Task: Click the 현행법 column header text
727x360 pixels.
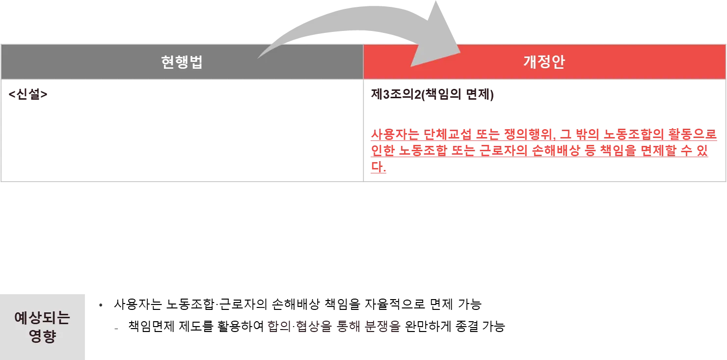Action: pyautogui.click(x=182, y=62)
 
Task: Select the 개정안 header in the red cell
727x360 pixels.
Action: pyautogui.click(x=544, y=62)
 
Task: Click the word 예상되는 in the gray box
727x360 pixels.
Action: pyautogui.click(x=43, y=318)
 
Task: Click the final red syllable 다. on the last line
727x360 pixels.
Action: pyautogui.click(x=378, y=168)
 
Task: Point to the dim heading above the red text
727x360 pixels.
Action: pyautogui.click(x=432, y=94)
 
